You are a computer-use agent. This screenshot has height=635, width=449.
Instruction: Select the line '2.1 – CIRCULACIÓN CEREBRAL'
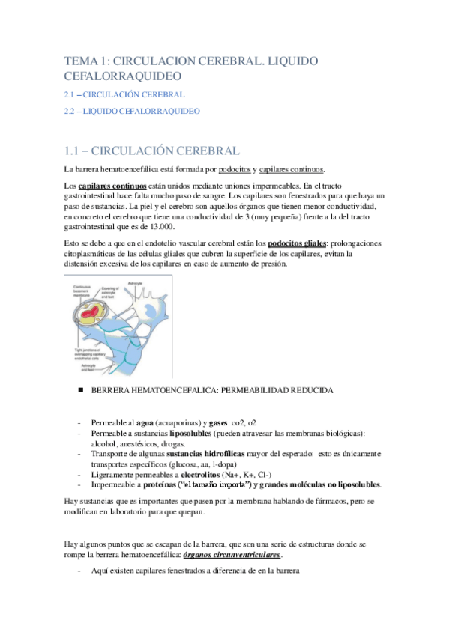pos(124,95)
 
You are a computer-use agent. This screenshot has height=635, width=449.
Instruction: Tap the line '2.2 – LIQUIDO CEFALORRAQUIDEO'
pos(131,111)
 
